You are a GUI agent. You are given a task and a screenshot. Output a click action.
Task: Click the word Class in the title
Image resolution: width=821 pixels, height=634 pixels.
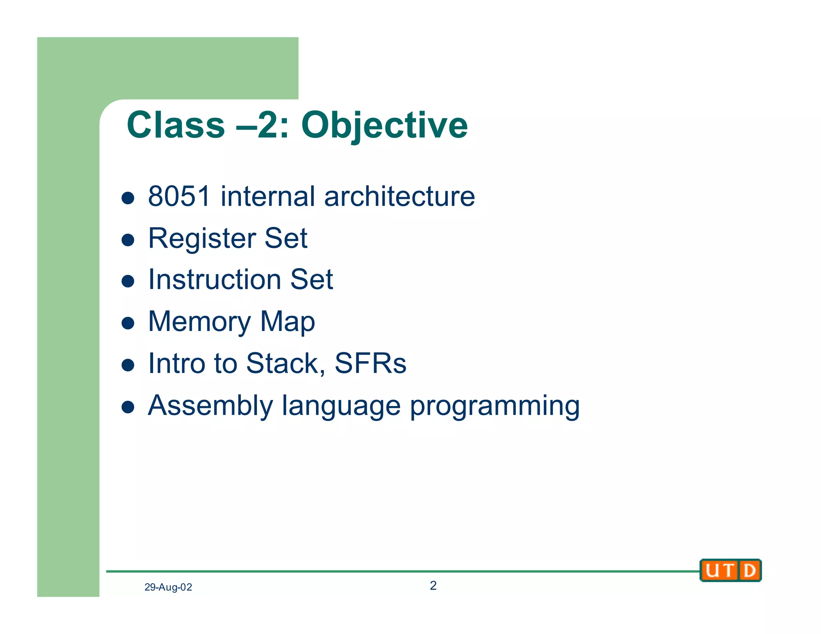[x=176, y=125]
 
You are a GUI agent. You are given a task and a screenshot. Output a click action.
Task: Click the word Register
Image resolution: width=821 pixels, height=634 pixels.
[x=202, y=238]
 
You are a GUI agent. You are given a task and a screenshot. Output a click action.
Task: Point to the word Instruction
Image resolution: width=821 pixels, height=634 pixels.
[x=214, y=279]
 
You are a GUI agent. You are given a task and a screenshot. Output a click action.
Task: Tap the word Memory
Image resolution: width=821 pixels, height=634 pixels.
[x=199, y=322]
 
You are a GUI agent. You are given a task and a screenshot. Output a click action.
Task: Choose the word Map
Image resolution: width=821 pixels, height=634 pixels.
[x=287, y=322]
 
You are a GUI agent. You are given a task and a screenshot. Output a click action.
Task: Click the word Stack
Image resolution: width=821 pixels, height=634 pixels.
[x=282, y=363]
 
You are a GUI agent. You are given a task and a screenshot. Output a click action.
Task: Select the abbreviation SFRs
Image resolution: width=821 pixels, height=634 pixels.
[x=370, y=363]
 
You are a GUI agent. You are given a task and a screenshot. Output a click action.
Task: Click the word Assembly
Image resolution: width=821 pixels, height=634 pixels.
[x=210, y=406]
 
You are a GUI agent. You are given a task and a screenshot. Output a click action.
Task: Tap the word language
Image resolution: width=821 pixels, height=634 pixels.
[x=341, y=406]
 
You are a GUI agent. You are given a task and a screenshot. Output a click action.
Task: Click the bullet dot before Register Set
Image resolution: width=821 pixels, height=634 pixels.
[x=128, y=240]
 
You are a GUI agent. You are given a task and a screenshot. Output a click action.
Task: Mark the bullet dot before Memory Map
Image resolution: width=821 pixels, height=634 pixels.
[x=128, y=323]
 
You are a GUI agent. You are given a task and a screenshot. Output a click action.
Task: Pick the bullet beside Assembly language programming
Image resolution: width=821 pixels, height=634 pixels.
[x=128, y=407]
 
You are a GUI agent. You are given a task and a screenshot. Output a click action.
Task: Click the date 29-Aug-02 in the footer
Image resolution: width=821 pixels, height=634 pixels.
[x=168, y=587]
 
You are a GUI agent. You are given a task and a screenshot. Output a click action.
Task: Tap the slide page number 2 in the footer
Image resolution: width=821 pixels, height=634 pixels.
[x=433, y=586]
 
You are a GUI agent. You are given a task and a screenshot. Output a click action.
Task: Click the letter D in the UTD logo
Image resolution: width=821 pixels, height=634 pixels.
[x=749, y=570]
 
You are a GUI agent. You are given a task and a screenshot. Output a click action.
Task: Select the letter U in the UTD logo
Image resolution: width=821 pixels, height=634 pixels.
[x=712, y=570]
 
